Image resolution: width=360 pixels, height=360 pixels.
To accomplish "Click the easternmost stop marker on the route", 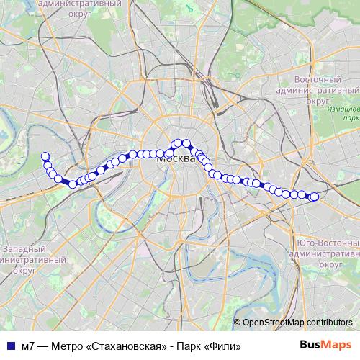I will [314, 197].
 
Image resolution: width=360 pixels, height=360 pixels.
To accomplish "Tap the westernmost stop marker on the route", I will [45, 156].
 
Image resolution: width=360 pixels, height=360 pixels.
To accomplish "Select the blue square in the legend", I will [10, 346].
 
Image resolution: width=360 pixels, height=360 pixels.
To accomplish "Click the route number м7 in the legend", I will [28, 346].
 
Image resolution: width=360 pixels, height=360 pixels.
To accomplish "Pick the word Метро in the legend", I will [68, 346].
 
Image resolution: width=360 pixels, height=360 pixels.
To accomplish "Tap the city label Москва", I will [175, 159].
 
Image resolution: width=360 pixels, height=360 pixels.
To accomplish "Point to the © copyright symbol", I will [238, 323].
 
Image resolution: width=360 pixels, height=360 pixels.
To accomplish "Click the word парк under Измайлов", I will [351, 117].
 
